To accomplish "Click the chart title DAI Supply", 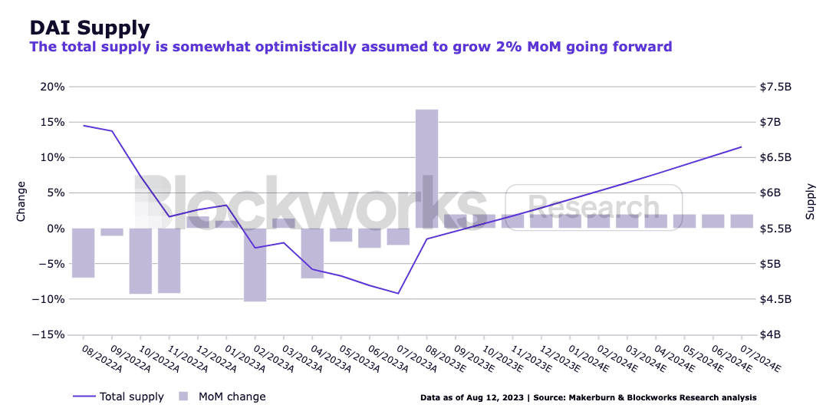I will (x=89, y=28).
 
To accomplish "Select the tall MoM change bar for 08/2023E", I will (x=426, y=169).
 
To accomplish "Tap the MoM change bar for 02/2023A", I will (x=255, y=265).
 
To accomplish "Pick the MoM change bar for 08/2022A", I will (x=83, y=252).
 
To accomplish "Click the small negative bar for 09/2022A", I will (x=112, y=232).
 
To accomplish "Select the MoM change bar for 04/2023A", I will (x=312, y=253).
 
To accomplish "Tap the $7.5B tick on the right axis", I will (x=775, y=87).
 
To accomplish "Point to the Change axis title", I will (x=21, y=201).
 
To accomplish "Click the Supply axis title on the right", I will (x=810, y=201).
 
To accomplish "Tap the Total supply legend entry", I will (x=131, y=397).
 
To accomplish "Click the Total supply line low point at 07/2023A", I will (x=398, y=293).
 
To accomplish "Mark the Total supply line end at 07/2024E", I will (x=742, y=146).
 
